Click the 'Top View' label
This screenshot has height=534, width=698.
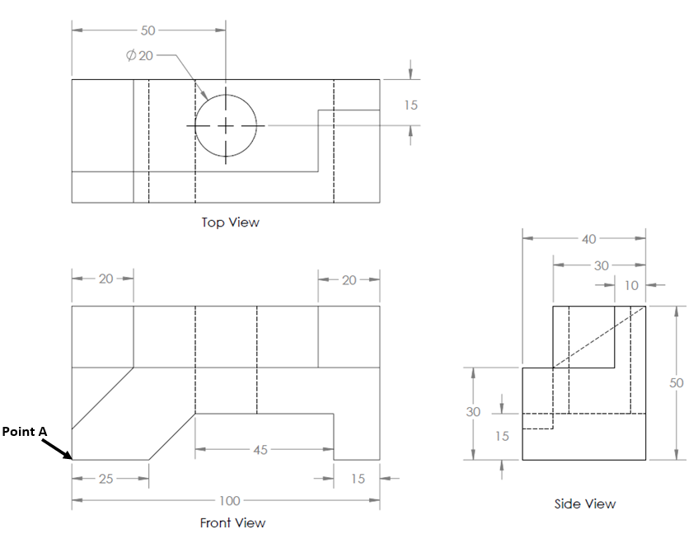230,222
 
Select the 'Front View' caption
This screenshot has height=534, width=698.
232,522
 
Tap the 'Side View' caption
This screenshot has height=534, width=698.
584,504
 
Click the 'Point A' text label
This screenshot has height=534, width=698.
26,431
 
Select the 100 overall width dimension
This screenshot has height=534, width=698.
228,500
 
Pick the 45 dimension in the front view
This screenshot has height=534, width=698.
260,450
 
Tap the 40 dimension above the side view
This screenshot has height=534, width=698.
588,240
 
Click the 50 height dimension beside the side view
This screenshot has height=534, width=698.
677,384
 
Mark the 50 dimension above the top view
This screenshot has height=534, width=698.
148,30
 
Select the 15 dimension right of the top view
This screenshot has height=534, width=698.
410,105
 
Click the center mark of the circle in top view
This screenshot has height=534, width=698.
226,126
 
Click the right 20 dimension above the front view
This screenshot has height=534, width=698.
349,279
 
